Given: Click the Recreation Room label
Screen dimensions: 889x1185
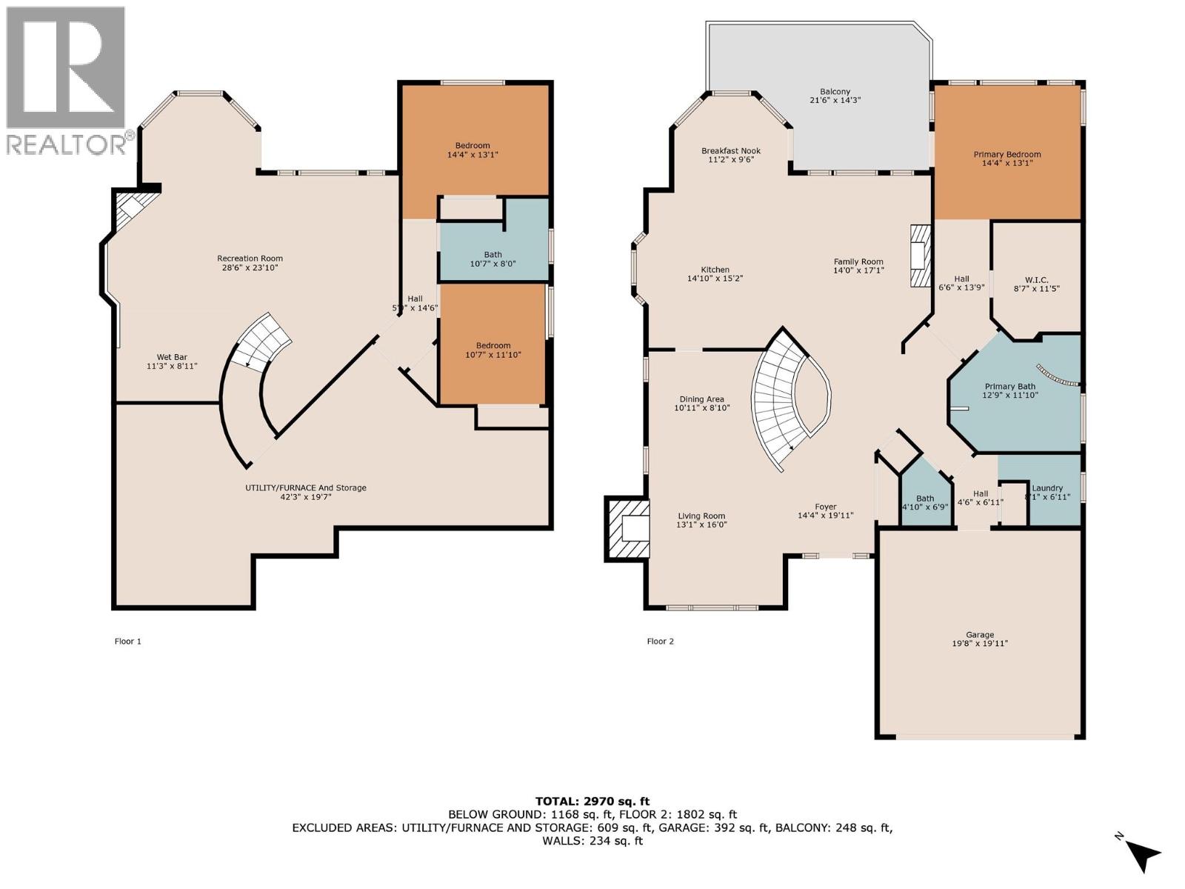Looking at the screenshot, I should pos(250,263).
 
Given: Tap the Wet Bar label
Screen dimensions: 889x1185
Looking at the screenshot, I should pos(172,362).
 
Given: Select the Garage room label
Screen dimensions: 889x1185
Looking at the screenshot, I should pos(979,639).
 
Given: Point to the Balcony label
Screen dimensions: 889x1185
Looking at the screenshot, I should pos(835,96).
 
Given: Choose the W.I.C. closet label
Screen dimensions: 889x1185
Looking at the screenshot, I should pos(1036,284).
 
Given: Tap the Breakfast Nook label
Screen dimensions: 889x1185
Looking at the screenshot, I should pos(731,155).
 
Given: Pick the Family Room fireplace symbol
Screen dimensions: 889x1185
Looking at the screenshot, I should pos(918,256).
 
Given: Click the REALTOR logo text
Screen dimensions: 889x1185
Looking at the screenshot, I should pos(67,143).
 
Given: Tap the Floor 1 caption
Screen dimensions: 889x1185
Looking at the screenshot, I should pos(127,641).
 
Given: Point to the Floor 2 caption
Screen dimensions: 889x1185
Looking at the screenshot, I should pos(660,641).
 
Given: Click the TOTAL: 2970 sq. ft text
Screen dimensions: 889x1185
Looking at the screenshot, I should pos(592,801).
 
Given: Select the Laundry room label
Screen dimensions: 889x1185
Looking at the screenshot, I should pos(1047,492).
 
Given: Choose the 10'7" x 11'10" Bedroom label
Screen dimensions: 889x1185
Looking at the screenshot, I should pos(493,350).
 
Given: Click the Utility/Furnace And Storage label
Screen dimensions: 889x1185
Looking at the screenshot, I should pos(306,492).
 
